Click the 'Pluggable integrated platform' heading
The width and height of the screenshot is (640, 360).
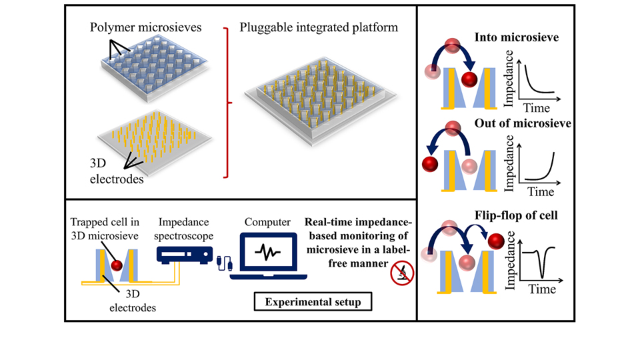[319, 29]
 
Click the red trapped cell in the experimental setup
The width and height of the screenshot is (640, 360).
[117, 266]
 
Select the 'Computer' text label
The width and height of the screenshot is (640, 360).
[266, 223]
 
